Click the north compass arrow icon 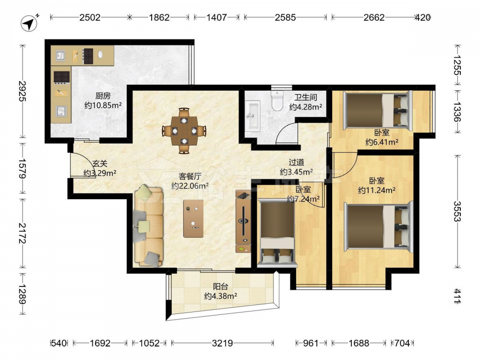tap(29, 23)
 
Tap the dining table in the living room tap(184, 131)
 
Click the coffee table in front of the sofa tap(193, 218)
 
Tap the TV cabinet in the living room tap(243, 221)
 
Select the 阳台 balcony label tap(220, 287)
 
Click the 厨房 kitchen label tap(103, 96)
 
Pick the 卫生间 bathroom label tap(305, 97)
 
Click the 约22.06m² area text tap(190, 186)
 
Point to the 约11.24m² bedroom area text tap(376, 191)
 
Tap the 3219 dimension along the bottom tap(222, 343)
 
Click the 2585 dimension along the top tap(285, 17)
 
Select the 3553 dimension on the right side tap(457, 211)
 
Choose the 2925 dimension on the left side tap(23, 91)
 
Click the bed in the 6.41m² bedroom tap(378, 110)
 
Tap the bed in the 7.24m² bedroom tap(277, 233)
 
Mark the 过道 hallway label tap(296, 162)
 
